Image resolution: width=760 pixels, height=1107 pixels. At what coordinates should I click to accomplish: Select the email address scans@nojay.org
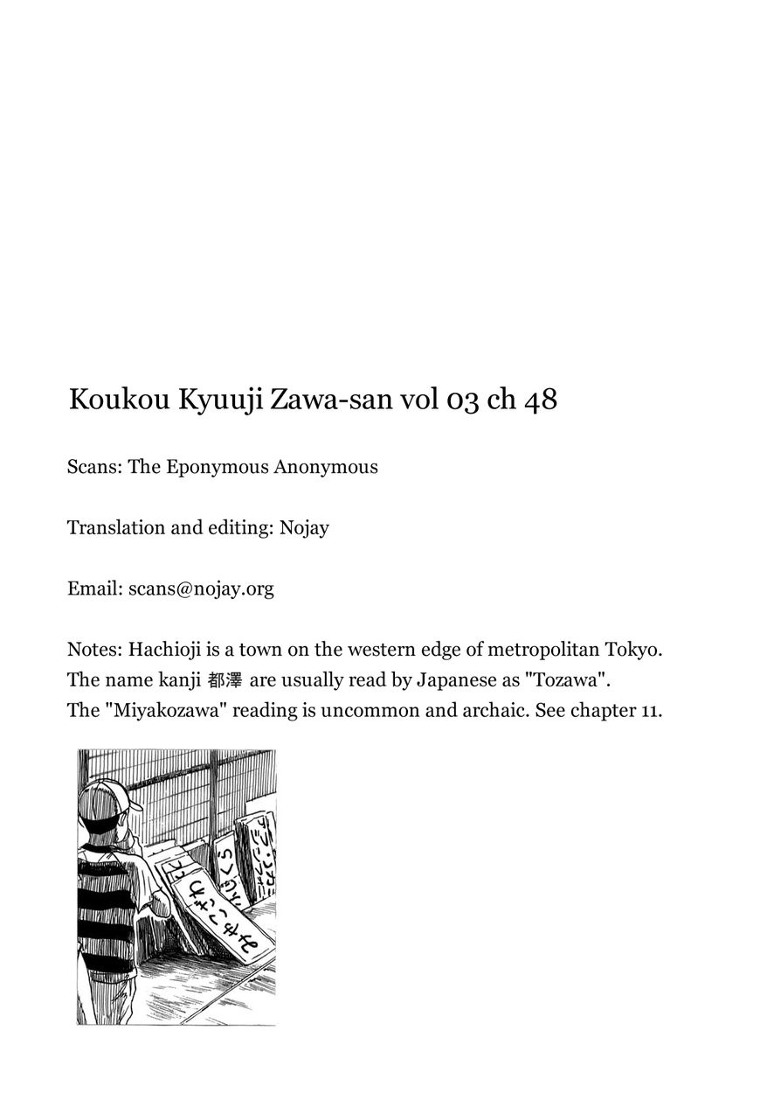(x=201, y=589)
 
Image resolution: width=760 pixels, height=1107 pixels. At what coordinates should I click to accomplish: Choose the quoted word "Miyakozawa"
(x=167, y=710)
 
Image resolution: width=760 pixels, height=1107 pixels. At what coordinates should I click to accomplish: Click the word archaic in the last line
(x=529, y=710)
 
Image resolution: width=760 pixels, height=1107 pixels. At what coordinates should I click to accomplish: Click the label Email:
(x=94, y=589)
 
